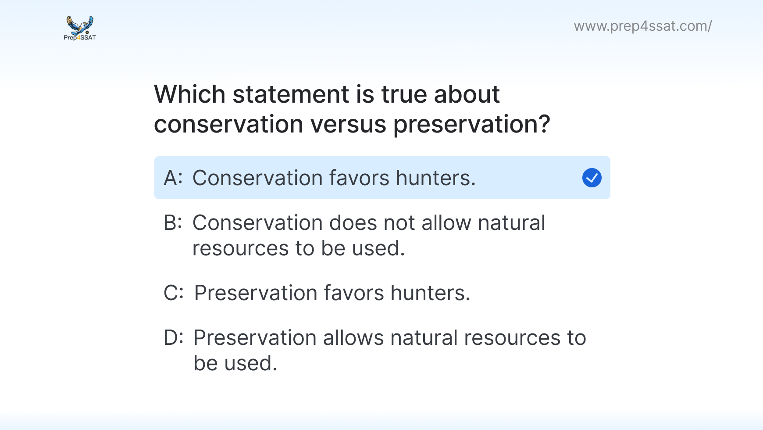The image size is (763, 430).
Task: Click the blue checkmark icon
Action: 592,178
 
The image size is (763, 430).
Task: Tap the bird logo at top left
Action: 80,25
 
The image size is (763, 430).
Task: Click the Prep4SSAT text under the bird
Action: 80,38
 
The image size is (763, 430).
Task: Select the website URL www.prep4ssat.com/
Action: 643,26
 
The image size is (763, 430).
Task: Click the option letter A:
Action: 173,178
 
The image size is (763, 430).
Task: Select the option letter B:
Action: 173,223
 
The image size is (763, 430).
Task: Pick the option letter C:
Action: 174,293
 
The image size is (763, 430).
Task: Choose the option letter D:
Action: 174,338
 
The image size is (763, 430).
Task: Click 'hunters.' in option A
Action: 436,178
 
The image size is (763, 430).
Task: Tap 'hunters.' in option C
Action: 431,293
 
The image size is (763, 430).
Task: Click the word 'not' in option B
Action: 399,223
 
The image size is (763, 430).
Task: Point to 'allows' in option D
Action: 353,338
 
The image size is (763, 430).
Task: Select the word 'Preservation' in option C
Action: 256,293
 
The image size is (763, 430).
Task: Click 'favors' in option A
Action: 359,178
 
